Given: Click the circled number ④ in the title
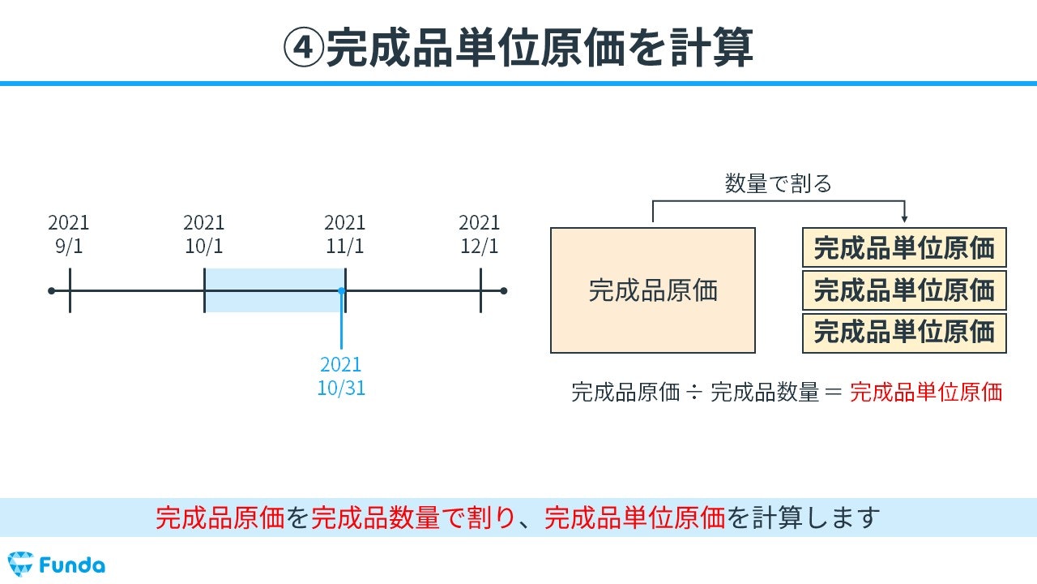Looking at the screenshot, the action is tap(304, 48).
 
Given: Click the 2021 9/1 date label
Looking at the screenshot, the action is tap(69, 234).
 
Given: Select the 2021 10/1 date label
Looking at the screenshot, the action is tap(203, 234).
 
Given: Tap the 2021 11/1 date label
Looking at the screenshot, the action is tap(345, 234).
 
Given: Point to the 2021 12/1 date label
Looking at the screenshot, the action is tap(480, 234).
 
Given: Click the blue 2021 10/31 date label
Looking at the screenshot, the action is tap(341, 376).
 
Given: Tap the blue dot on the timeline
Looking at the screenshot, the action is tap(342, 291).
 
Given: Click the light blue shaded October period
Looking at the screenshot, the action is tap(275, 290).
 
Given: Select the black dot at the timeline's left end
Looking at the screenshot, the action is tap(51, 291).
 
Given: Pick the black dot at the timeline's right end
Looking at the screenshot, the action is tap(504, 291).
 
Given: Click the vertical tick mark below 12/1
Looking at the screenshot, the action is tap(481, 290).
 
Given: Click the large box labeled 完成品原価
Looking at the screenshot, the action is tap(653, 290).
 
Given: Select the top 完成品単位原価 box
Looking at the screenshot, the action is tap(904, 247).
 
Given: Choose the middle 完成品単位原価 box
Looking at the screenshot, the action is tap(904, 290).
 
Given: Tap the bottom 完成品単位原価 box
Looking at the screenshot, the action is tap(904, 333).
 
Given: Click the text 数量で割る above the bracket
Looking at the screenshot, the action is tap(779, 183).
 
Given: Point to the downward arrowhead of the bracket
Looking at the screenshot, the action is tap(904, 219).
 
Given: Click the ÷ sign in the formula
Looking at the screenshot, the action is tap(694, 393).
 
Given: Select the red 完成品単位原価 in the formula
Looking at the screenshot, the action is tap(926, 392).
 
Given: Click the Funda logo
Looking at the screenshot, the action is tap(57, 565).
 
